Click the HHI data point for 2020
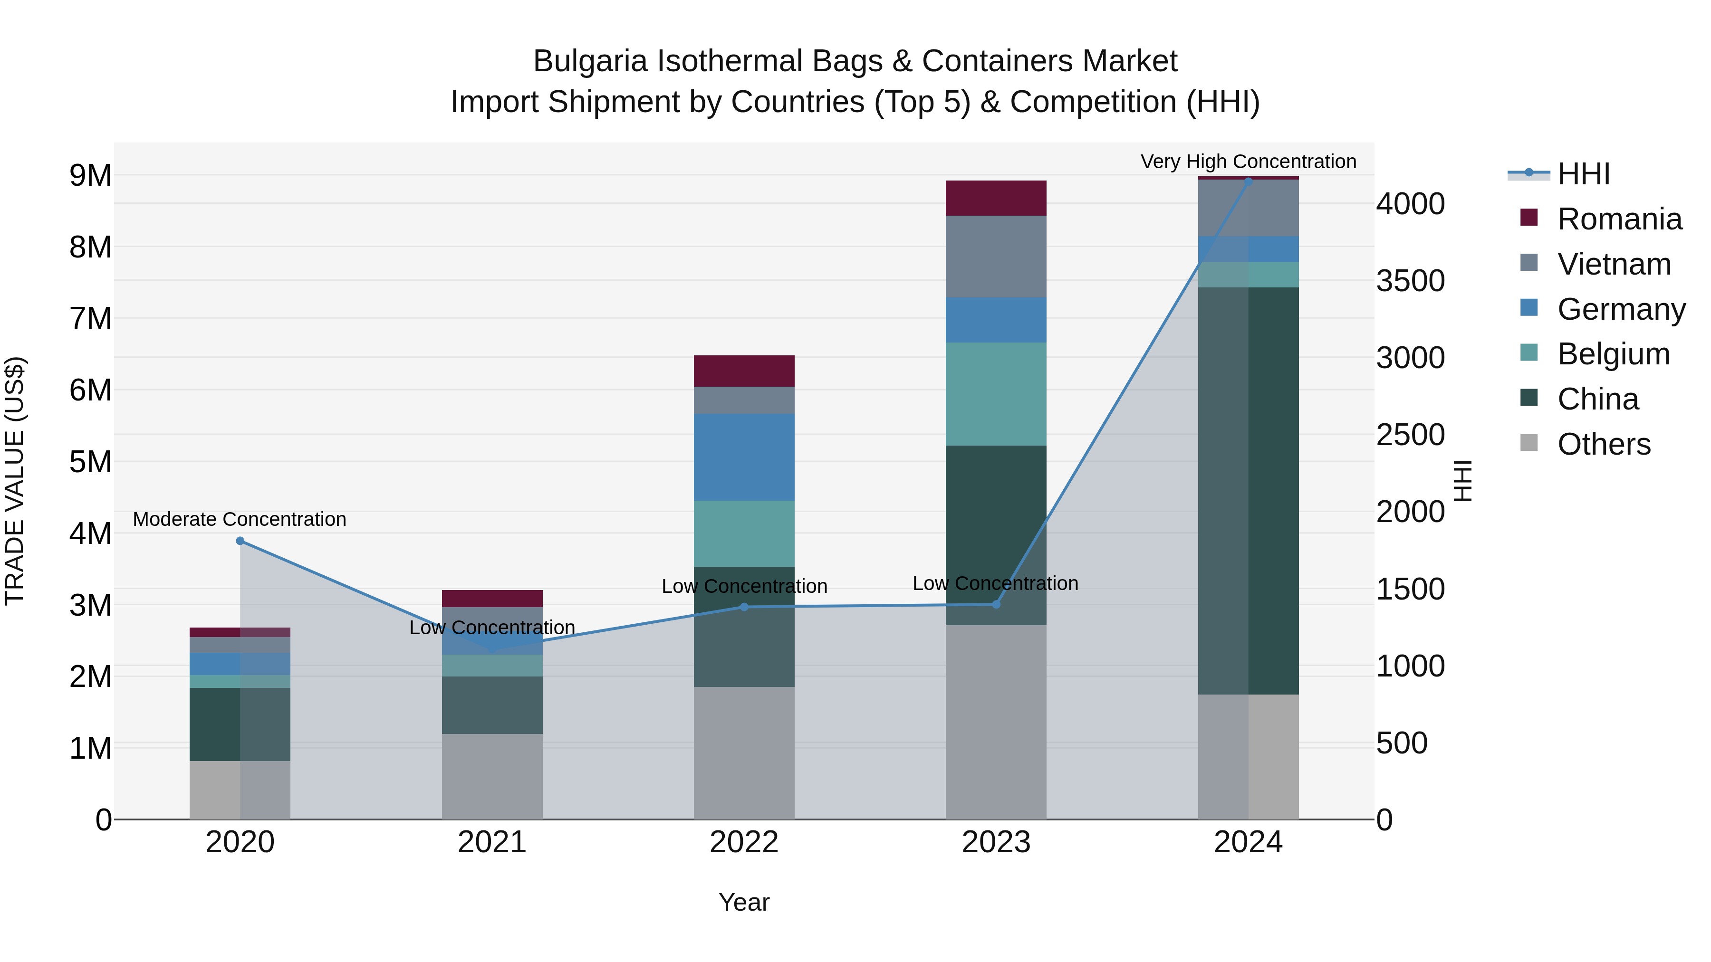240,541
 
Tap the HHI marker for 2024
1248,182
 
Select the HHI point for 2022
744,607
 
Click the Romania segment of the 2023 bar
996,198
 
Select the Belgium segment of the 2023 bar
996,394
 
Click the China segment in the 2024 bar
1248,491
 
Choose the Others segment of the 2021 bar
492,776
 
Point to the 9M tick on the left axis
90,176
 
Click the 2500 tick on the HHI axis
1410,435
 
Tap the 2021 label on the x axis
492,842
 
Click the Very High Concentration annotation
1248,162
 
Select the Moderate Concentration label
240,519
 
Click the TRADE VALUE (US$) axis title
15,481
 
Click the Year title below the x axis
744,902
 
